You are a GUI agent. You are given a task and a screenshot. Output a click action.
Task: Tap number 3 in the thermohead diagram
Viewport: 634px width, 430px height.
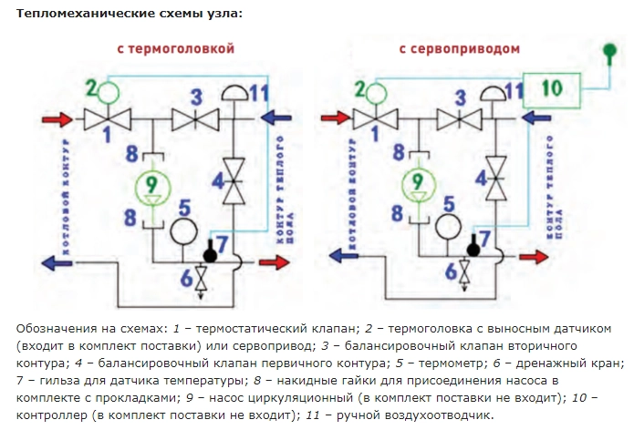coord(194,96)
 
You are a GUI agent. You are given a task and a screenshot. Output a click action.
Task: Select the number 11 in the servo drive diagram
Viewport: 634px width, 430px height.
coord(514,92)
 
